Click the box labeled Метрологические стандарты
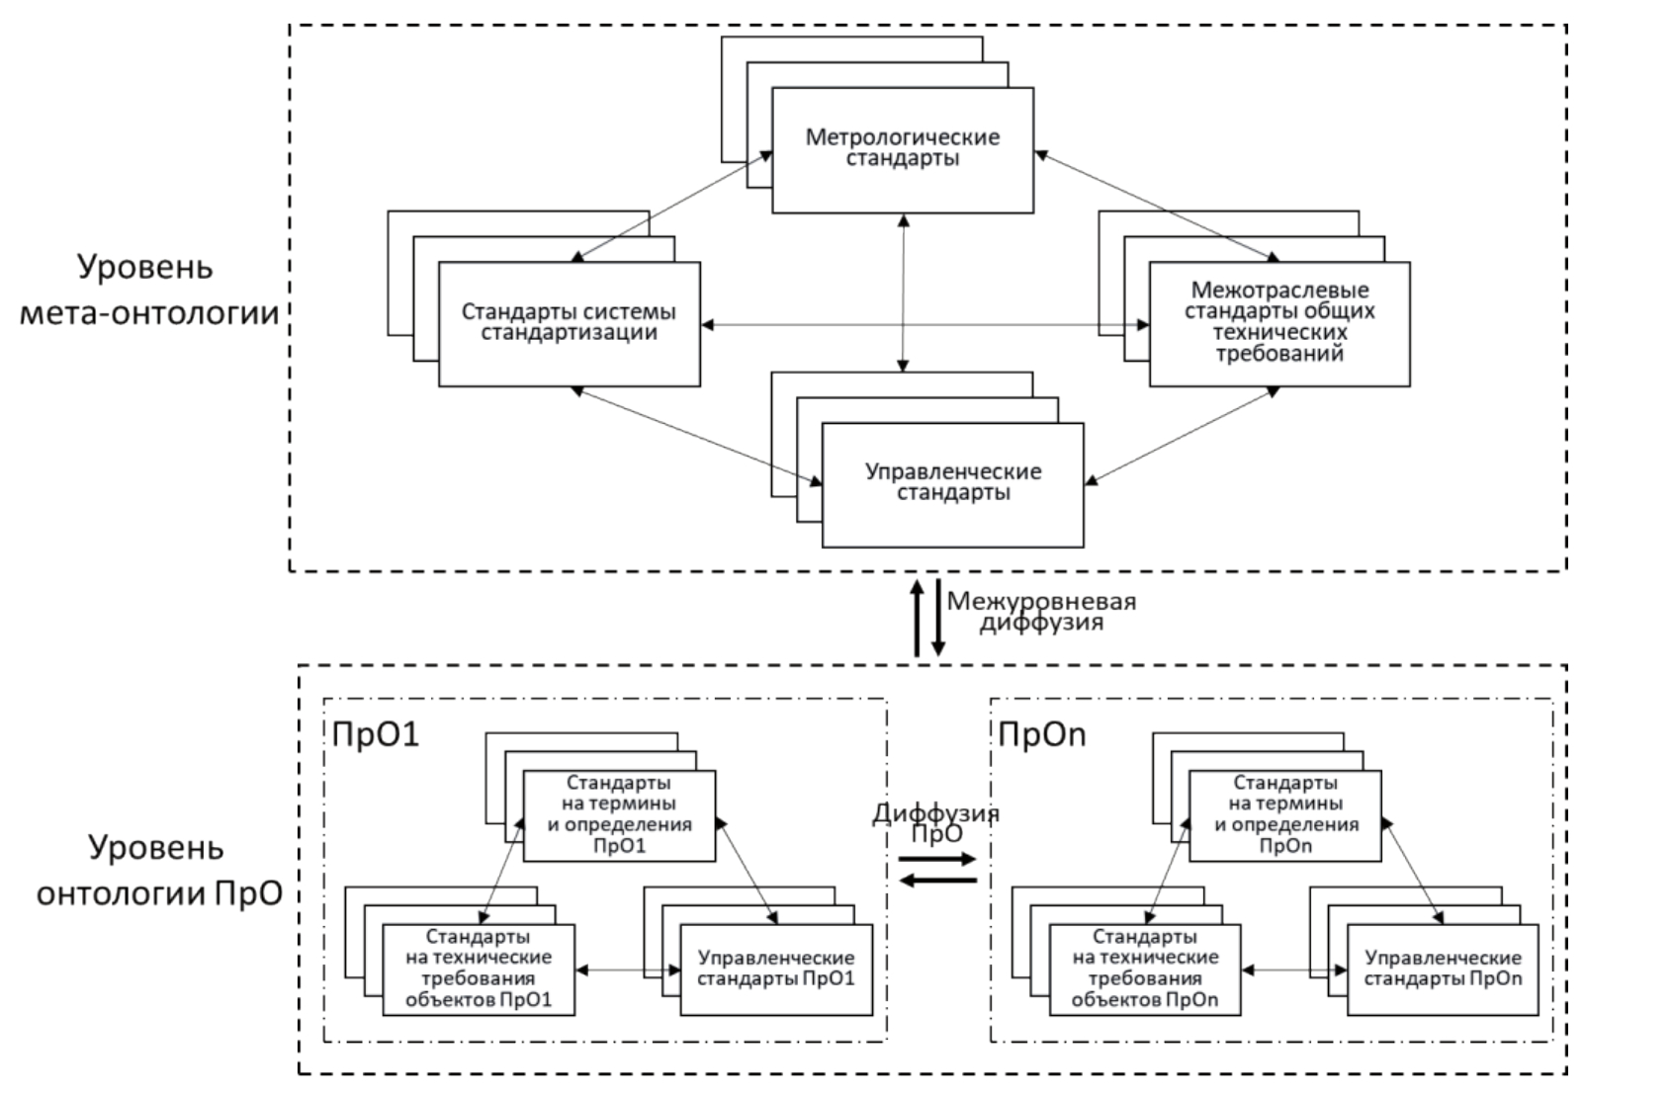coord(902,149)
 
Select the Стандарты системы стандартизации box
coord(569,323)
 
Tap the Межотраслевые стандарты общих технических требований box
coord(1279,323)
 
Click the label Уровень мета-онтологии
coord(148,291)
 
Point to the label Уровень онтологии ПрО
coord(158,870)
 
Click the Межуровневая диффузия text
coord(1041,613)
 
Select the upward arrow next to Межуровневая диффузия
coord(917,618)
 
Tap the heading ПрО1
coord(376,734)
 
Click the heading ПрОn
coord(1042,734)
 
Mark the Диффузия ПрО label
coord(935,822)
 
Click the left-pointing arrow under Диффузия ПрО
coord(936,881)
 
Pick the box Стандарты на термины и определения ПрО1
coord(619,815)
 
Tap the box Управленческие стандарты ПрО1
coord(776,969)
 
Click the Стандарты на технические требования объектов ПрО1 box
coord(478,969)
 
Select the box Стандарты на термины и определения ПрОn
coord(1285,815)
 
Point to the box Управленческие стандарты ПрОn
coord(1443,969)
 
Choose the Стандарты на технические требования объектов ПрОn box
coord(1145,969)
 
